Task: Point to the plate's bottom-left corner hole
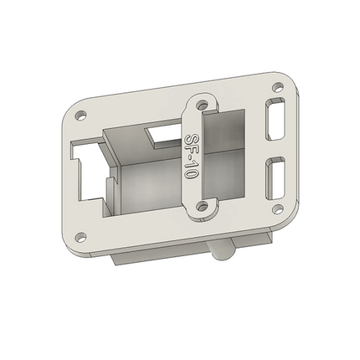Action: coord(81,237)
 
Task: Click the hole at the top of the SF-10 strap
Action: coord(203,105)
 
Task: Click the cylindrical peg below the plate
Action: coord(221,250)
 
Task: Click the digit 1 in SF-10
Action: coord(193,167)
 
